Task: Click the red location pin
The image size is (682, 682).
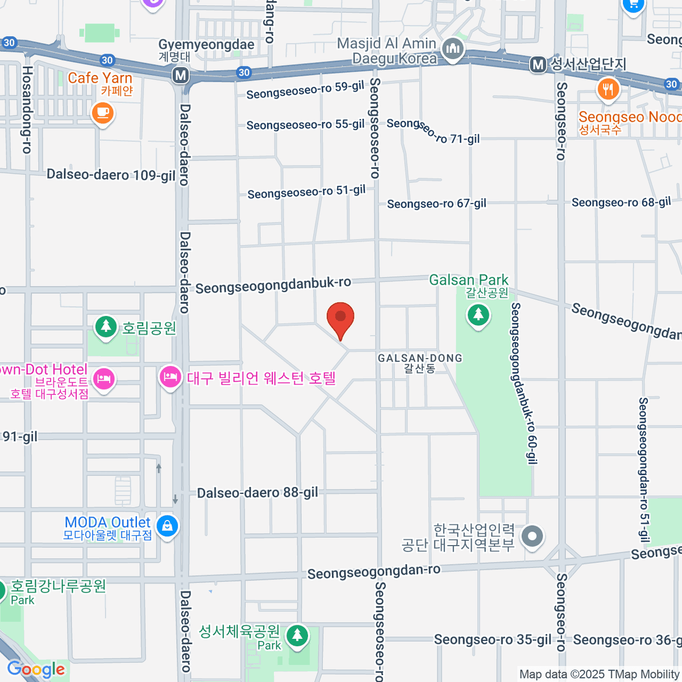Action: pos(340,318)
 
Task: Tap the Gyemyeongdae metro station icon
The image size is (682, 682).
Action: pos(181,74)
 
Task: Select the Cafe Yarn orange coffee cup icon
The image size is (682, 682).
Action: pos(102,113)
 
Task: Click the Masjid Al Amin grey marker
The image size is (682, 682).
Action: pos(453,49)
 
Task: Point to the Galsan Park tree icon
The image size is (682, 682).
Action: pos(478,314)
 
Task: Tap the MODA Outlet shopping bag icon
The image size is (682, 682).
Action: pos(167,526)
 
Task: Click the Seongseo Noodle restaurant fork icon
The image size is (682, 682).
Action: pos(608,89)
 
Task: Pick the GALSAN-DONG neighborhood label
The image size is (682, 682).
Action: pos(420,359)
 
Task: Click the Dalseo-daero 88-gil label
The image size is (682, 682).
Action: pos(257,493)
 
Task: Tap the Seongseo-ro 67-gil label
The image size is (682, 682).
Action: pos(436,203)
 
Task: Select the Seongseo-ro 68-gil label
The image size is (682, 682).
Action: pos(621,202)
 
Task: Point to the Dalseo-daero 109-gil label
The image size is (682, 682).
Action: pos(111,174)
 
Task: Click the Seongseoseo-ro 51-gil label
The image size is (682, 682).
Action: pos(306,192)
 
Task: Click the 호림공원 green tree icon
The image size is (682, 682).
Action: pos(105,327)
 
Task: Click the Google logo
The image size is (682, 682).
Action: pos(36,669)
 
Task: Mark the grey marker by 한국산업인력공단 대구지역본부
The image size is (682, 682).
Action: pos(533,536)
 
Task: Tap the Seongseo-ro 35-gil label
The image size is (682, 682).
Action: pos(492,640)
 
